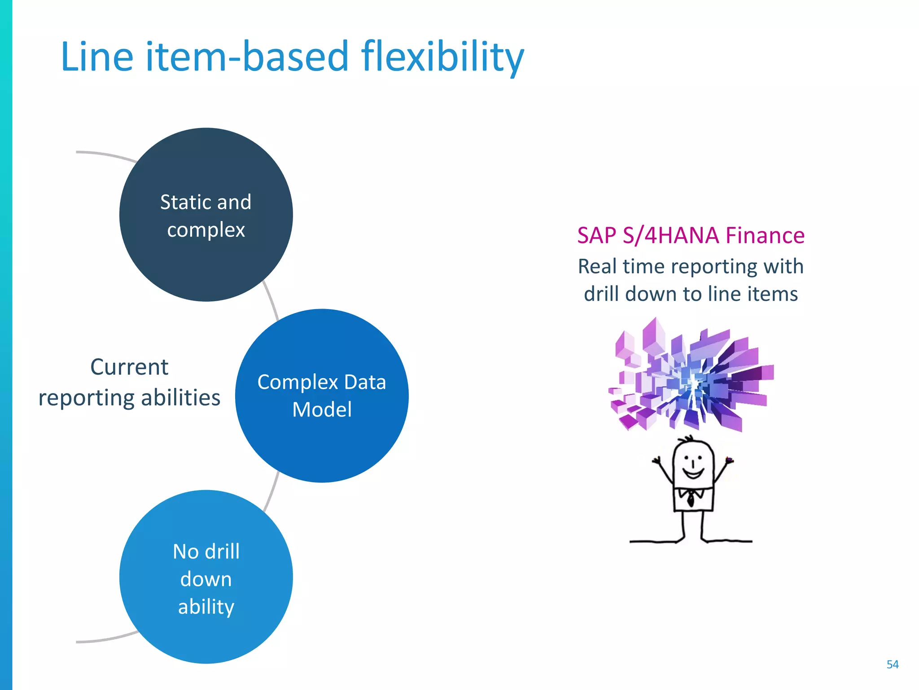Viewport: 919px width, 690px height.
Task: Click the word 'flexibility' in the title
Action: click(x=442, y=57)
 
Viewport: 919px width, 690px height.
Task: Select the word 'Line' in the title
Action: click(x=97, y=57)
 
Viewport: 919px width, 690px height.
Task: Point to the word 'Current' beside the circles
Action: click(x=129, y=367)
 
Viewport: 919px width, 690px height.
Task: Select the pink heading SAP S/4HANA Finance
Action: click(x=691, y=235)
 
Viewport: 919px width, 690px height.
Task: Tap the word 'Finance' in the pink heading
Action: click(x=765, y=235)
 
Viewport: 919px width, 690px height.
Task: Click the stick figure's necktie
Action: click(x=691, y=498)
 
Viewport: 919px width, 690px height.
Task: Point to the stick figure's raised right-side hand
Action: click(x=729, y=460)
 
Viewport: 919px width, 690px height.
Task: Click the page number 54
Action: click(x=892, y=664)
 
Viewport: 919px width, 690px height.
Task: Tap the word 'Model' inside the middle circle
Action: click(x=322, y=410)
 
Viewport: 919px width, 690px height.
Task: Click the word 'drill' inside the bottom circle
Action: click(x=222, y=552)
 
